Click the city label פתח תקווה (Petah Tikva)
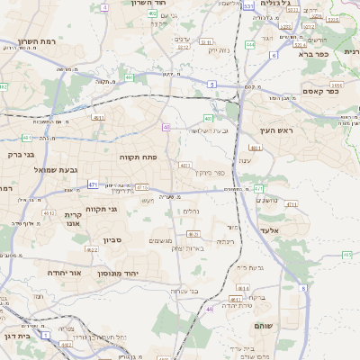139,156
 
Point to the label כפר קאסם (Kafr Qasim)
320,90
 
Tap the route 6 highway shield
304,288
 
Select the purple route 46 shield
209,309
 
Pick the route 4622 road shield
92,249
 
